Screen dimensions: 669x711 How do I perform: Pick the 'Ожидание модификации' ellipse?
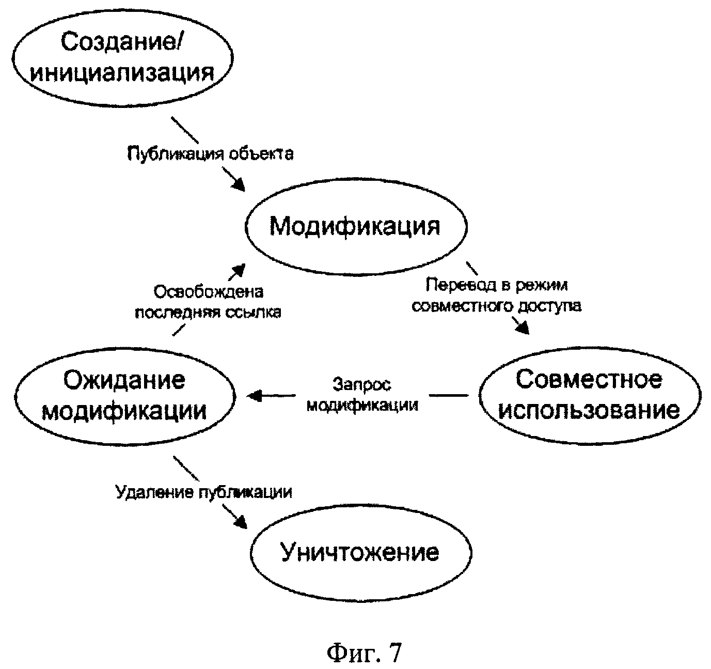click(x=124, y=396)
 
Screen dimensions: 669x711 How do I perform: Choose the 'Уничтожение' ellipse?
click(x=360, y=553)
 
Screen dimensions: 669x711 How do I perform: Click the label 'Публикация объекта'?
click(x=211, y=153)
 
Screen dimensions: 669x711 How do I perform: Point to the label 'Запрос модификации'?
click(x=362, y=395)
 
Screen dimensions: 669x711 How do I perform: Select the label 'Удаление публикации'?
click(x=203, y=492)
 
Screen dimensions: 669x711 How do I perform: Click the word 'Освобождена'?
click(x=209, y=292)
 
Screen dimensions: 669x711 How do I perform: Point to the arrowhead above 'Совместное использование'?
click(x=522, y=328)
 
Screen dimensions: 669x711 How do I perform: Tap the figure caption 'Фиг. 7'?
click(x=364, y=653)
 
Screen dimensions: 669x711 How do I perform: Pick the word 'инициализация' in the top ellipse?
click(x=122, y=72)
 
